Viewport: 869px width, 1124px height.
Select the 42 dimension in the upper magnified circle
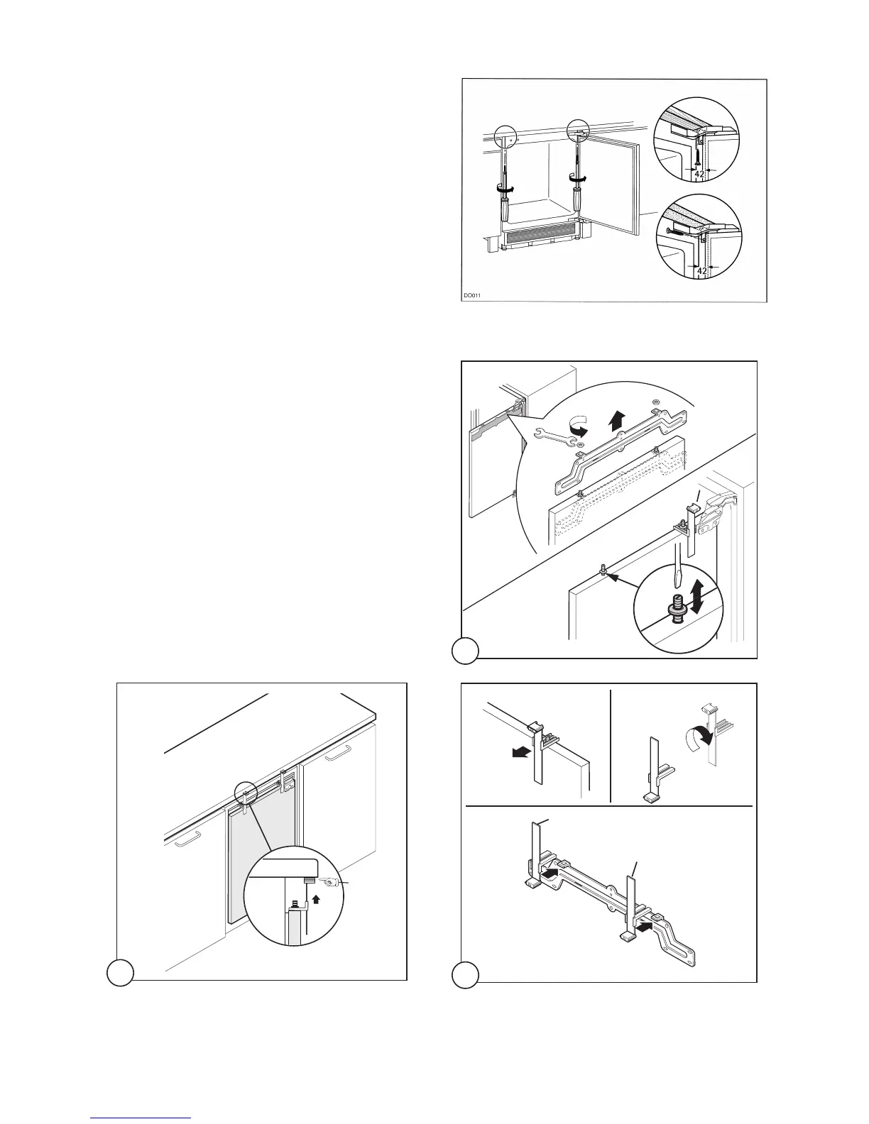click(699, 172)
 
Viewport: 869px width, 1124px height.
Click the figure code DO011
click(471, 295)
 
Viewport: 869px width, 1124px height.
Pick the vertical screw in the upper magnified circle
click(698, 151)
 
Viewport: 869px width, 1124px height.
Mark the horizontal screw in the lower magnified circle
click(676, 229)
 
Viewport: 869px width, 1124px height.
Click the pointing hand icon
click(328, 882)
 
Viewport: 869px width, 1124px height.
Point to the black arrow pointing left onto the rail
click(642, 926)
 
